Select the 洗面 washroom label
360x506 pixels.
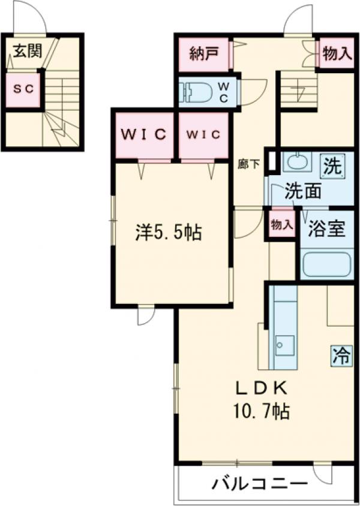click(x=302, y=192)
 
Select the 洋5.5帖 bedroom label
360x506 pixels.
click(x=168, y=233)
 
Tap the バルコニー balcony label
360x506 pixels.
click(x=259, y=483)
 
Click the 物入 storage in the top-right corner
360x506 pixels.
click(x=336, y=53)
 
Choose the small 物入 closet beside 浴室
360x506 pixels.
click(x=281, y=225)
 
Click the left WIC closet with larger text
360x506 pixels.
click(x=143, y=134)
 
